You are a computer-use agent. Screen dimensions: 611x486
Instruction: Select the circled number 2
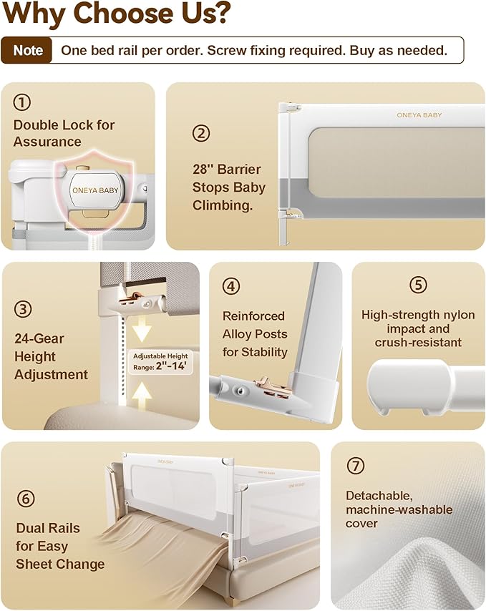(201, 132)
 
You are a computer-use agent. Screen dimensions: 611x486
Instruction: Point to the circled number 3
(23, 309)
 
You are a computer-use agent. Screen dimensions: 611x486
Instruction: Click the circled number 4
(230, 286)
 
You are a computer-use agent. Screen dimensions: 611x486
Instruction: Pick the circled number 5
(418, 285)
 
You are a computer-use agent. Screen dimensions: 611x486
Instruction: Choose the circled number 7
(355, 466)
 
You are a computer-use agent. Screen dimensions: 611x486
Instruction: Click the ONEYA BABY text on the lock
(95, 190)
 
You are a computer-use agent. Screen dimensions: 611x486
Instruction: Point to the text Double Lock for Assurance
(64, 133)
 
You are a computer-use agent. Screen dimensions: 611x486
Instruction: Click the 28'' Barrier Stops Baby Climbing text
(228, 187)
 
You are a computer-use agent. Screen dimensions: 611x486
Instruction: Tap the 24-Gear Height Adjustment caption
(51, 356)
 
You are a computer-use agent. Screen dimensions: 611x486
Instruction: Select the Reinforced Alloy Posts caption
(255, 334)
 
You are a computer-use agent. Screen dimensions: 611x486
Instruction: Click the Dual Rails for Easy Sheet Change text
(60, 546)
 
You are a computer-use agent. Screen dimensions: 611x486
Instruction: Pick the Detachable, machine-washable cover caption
(399, 509)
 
